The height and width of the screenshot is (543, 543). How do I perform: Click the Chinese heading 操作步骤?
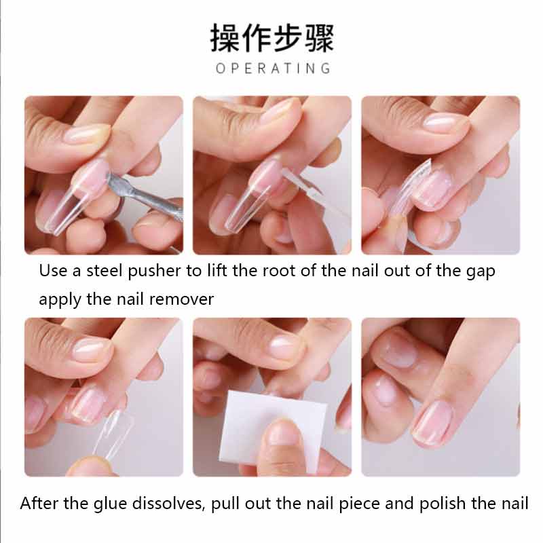point(271,38)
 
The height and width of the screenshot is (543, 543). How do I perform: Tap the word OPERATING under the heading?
point(273,68)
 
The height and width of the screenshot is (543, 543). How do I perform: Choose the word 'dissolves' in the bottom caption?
point(176,504)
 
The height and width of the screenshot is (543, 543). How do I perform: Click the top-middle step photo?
point(271,175)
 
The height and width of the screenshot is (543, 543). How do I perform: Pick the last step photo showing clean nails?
point(440,397)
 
